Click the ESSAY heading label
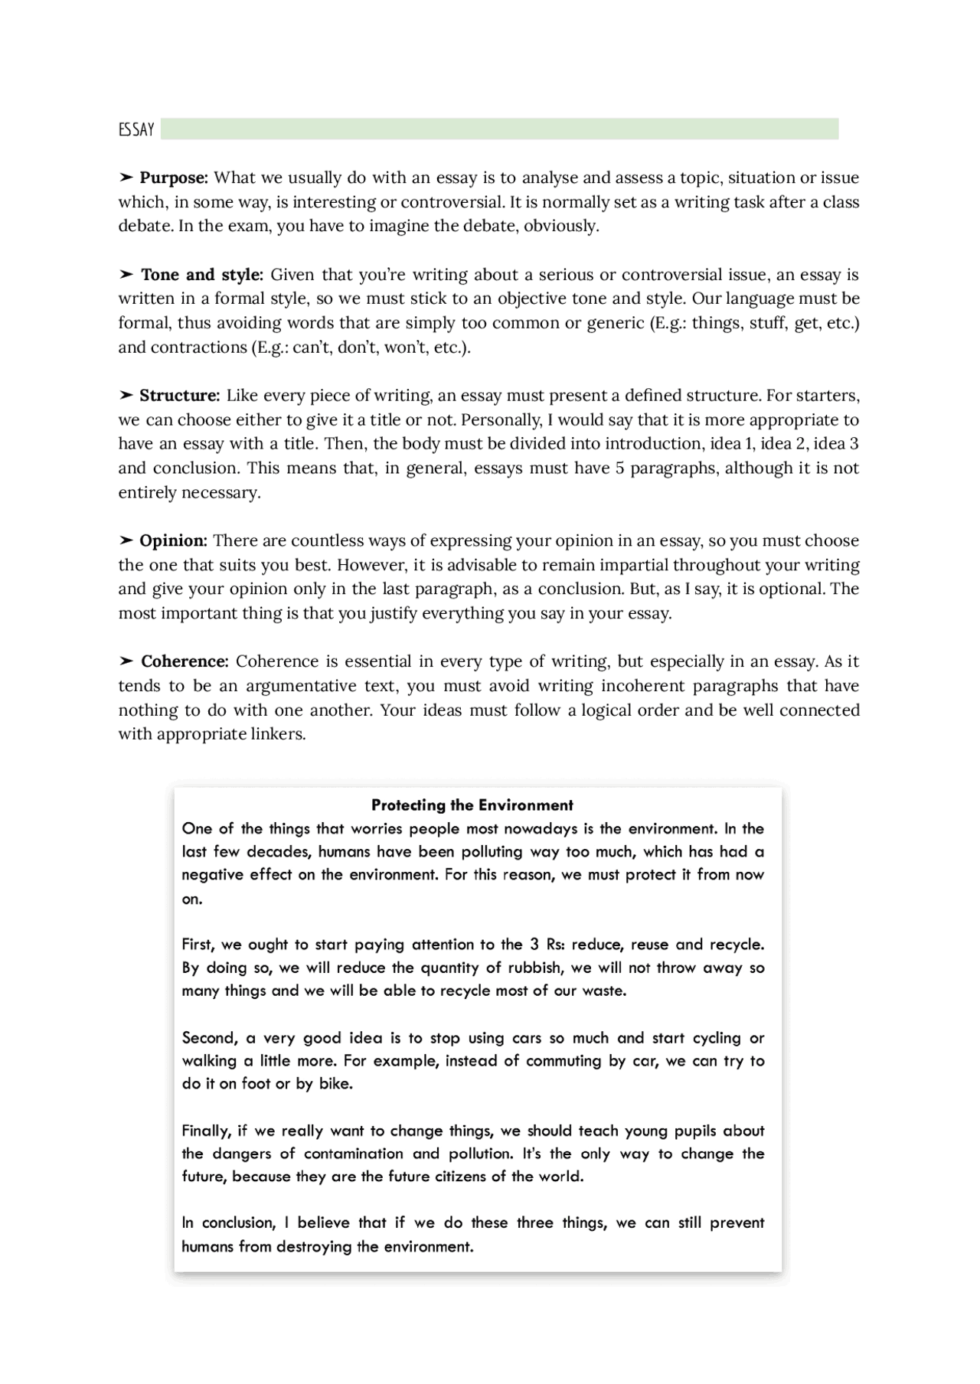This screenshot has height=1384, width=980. point(136,129)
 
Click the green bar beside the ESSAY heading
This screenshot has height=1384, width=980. point(499,129)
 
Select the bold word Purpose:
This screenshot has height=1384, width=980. point(173,178)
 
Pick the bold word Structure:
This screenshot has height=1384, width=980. point(179,395)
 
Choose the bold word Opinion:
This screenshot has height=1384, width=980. point(173,540)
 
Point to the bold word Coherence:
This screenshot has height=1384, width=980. point(185,661)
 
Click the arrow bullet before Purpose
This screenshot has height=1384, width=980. point(126,178)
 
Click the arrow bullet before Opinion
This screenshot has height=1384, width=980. point(126,540)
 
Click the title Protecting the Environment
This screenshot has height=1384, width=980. point(472,805)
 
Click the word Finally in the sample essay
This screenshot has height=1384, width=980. point(206,1131)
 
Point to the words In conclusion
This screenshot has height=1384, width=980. point(228,1222)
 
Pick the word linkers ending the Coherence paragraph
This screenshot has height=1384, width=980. point(278,734)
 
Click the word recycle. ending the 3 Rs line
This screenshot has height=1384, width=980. point(736,945)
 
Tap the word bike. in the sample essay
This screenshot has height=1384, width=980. point(335,1084)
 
